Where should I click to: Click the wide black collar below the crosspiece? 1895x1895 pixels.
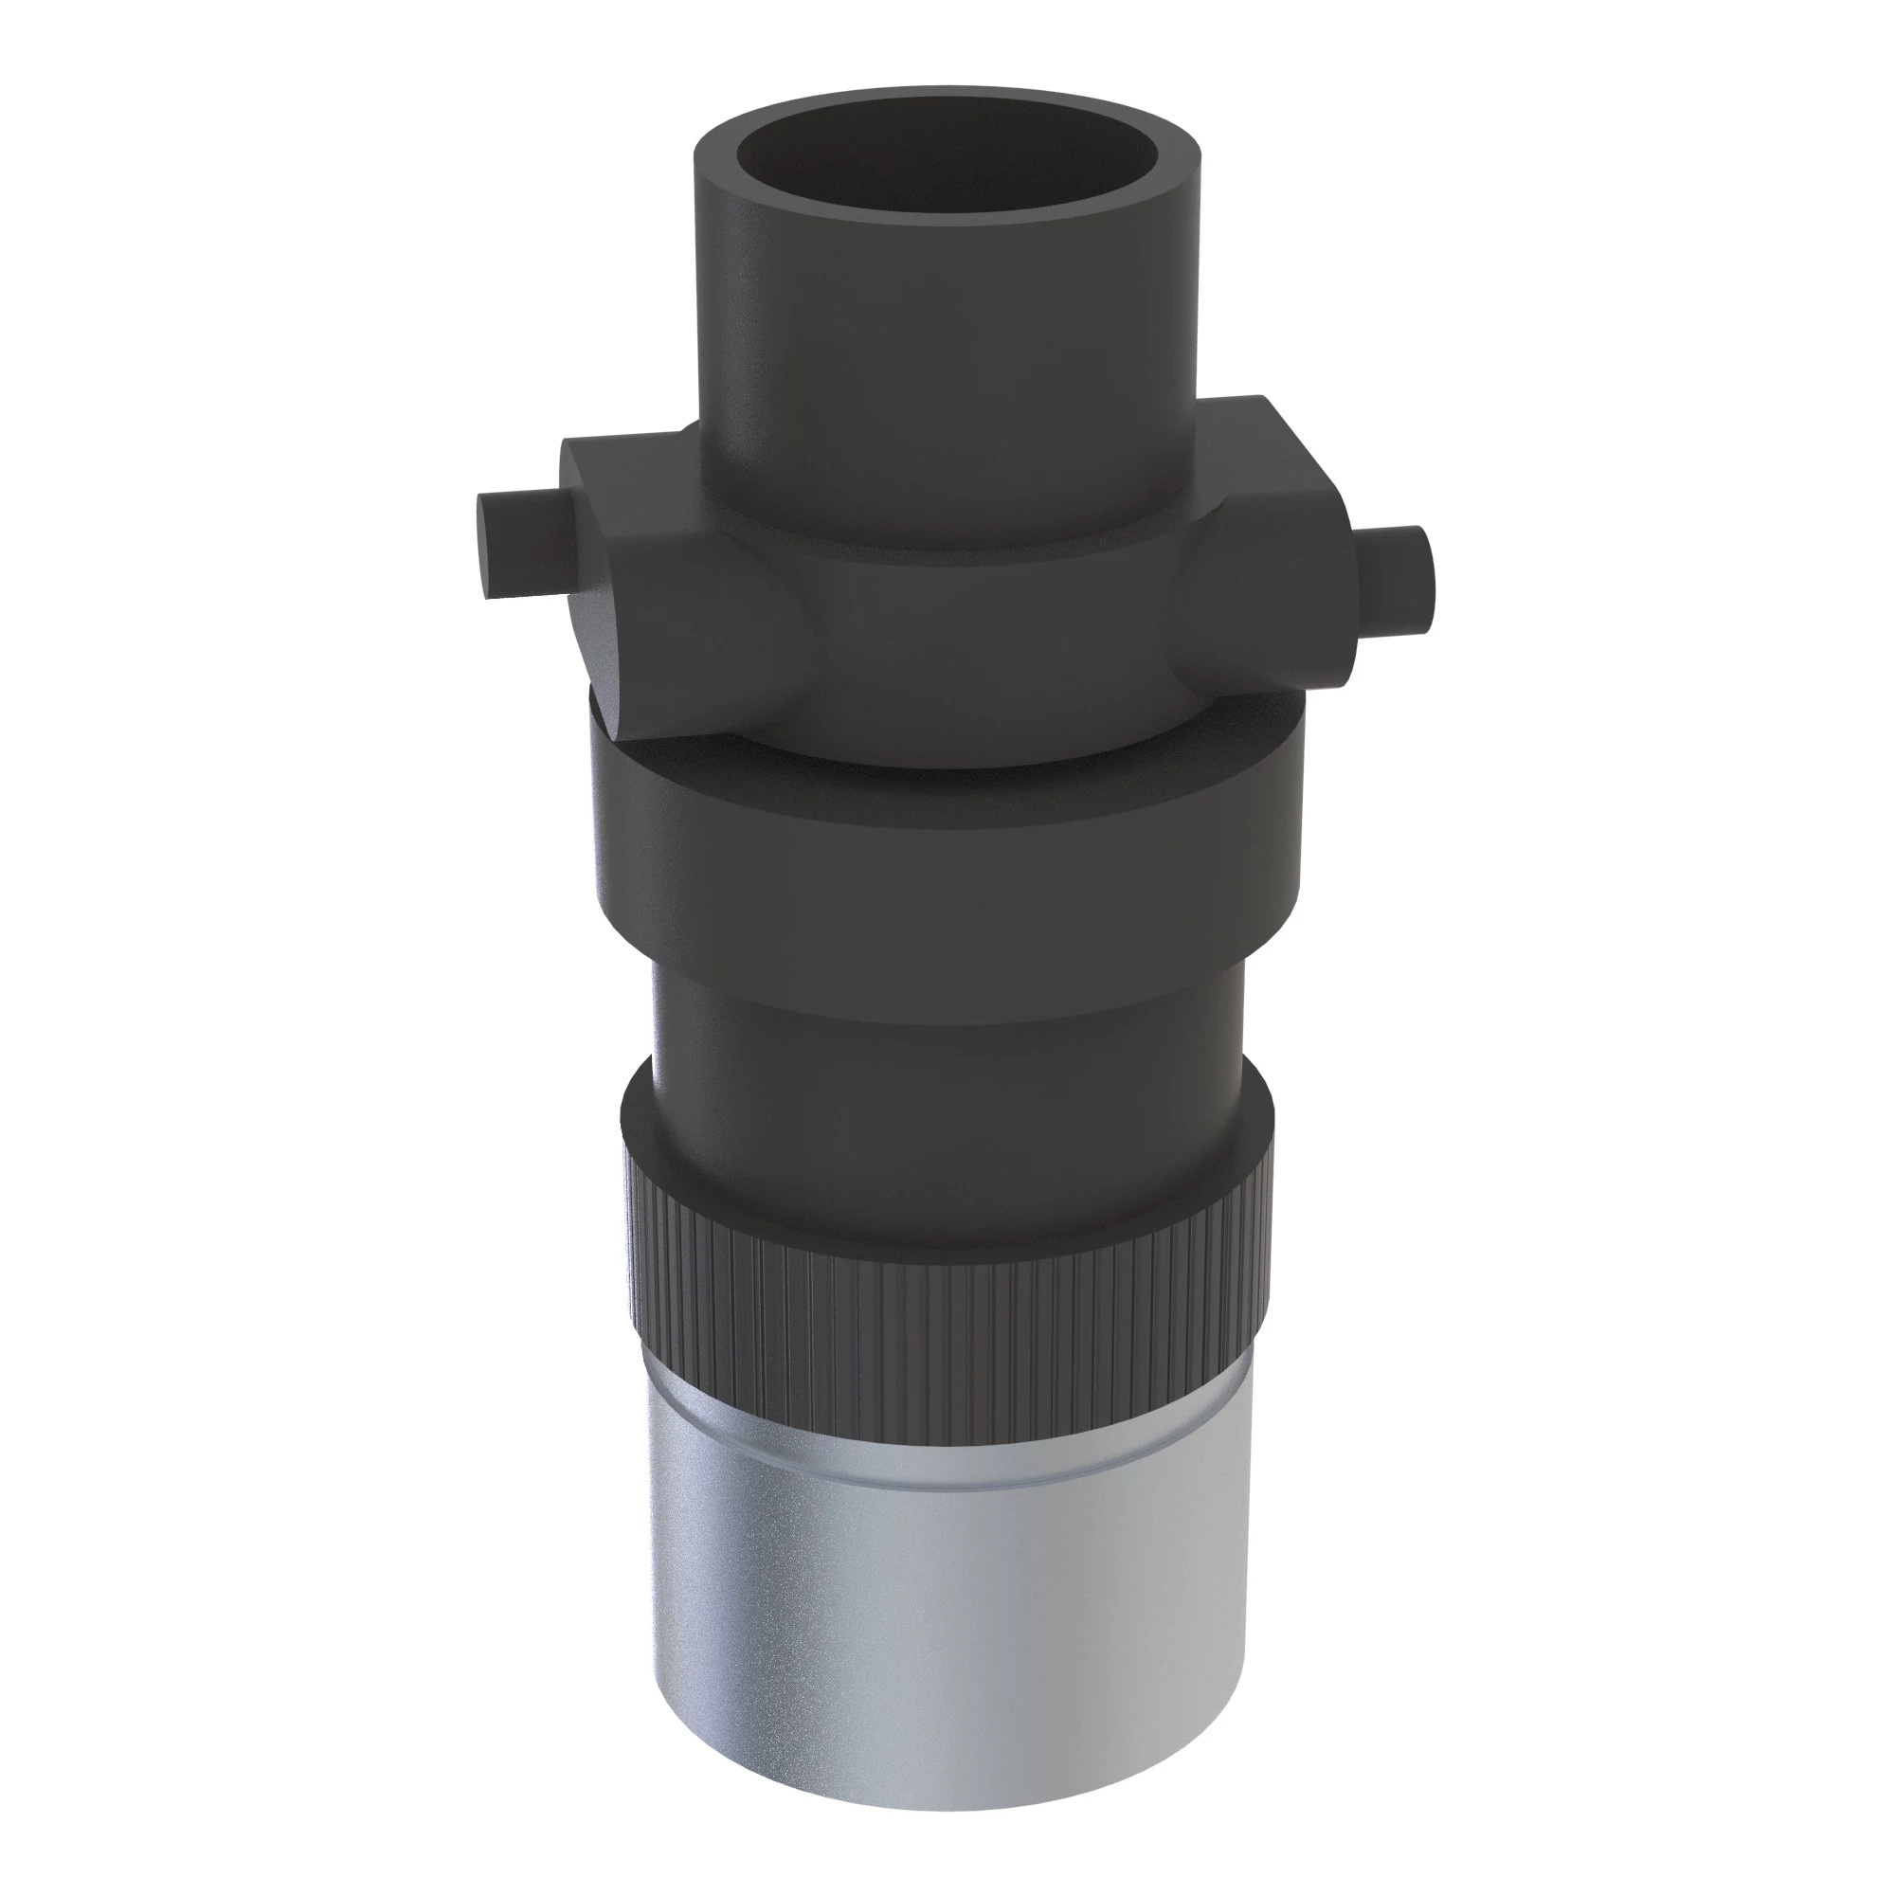click(x=947, y=863)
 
